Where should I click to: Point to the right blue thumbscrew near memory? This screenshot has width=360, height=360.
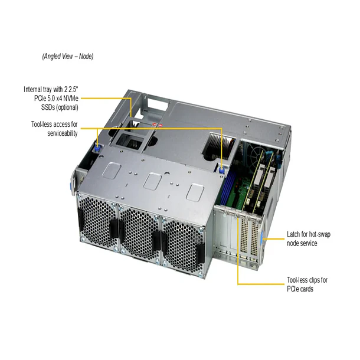222,169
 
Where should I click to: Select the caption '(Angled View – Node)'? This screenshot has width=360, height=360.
68,57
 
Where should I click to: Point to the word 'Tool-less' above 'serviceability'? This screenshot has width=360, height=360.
44,125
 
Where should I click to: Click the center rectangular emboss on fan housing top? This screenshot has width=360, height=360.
153,180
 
